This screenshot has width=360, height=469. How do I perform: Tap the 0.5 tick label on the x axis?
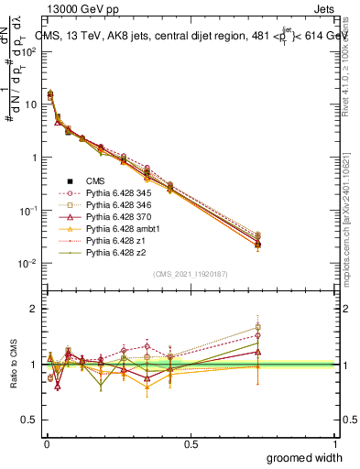pos(191,443)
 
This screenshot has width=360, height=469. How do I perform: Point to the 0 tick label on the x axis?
pos(45,443)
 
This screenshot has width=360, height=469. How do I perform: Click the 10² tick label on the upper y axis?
pos(27,51)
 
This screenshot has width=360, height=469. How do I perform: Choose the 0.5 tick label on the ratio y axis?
pos(29,420)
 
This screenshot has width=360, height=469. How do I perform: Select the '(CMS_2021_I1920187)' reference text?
pos(191,274)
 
